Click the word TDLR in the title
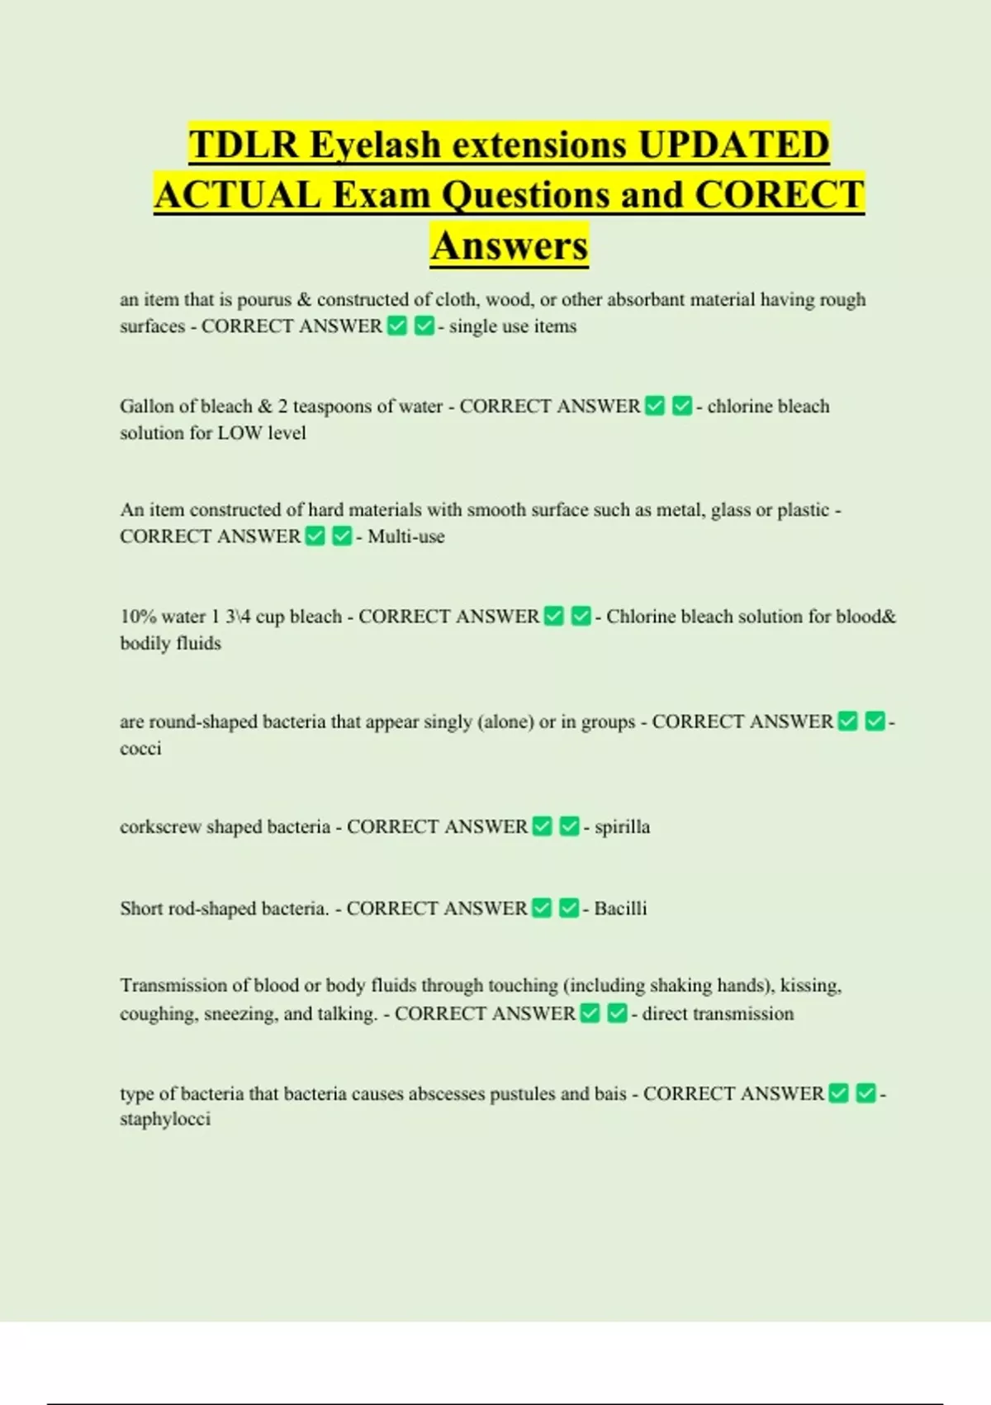click(244, 145)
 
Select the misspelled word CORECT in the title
click(780, 195)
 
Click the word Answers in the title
click(510, 245)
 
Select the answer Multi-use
click(406, 536)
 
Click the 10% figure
click(138, 617)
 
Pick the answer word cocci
click(140, 749)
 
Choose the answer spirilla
click(622, 827)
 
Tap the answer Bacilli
click(620, 909)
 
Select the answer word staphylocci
click(165, 1119)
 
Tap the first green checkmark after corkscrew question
click(543, 826)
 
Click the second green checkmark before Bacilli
click(569, 908)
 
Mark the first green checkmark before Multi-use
click(315, 536)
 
